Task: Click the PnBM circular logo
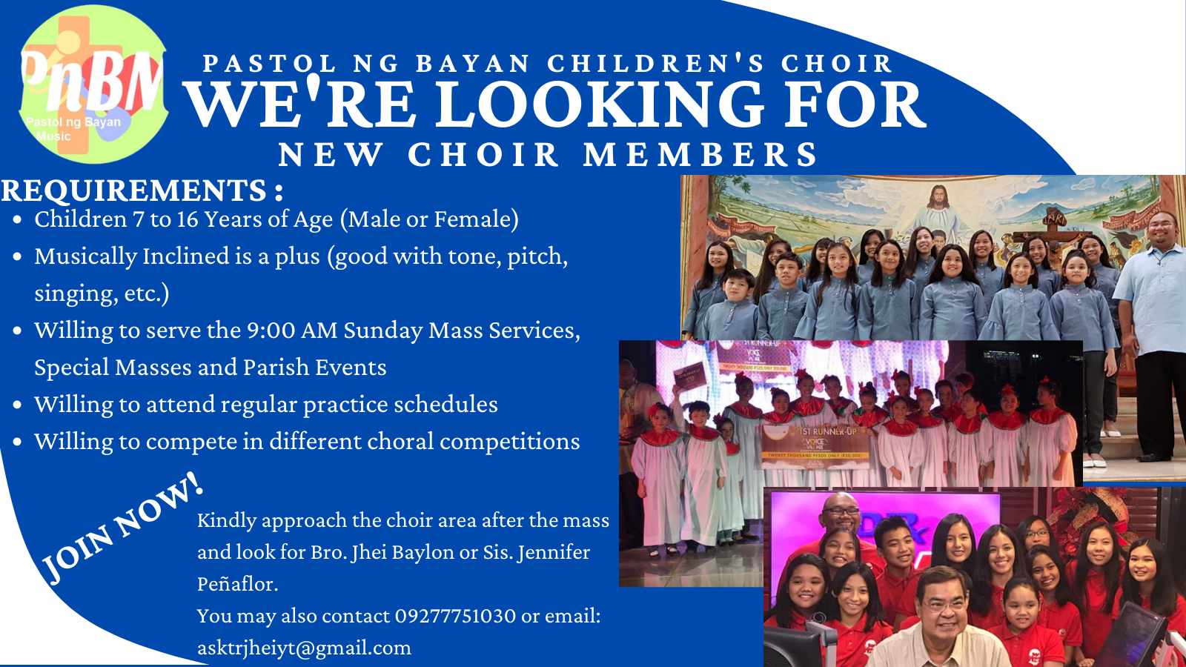(93, 84)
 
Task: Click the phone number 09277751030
(455, 616)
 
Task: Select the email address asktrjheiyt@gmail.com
(304, 648)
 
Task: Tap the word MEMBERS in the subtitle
(700, 155)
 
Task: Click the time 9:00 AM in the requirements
(292, 331)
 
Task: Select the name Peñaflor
(236, 584)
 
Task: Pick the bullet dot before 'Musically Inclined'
(18, 257)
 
